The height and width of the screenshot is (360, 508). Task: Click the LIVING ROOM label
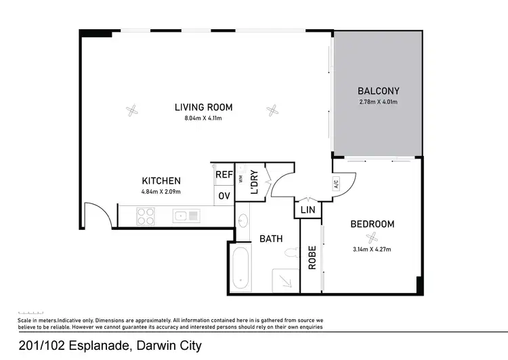[203, 107]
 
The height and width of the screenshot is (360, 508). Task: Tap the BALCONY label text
[378, 91]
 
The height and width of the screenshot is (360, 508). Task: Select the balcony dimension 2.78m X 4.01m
[378, 102]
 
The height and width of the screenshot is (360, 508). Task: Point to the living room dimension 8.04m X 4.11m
[203, 119]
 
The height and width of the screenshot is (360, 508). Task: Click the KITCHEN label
[161, 181]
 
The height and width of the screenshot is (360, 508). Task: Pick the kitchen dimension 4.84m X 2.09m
[161, 192]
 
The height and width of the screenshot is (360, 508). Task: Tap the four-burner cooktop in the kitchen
[146, 216]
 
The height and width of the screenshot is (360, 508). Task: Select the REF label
[224, 175]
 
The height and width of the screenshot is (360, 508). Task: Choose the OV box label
[224, 197]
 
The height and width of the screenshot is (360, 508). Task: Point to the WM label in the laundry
[240, 179]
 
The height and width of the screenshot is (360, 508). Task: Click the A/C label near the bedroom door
[336, 182]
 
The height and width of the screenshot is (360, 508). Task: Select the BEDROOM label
[372, 224]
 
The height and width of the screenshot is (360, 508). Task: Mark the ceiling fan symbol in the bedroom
[371, 237]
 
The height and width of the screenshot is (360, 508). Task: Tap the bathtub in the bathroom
[240, 270]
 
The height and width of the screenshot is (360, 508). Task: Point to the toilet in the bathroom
[291, 254]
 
